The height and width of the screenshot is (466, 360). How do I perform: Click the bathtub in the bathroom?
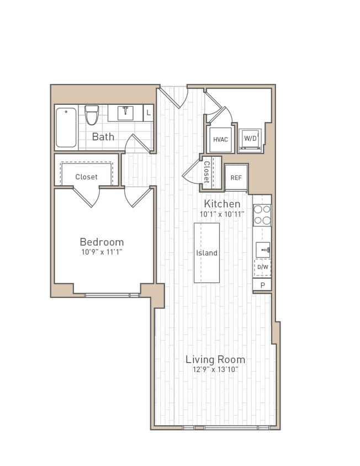click(x=66, y=128)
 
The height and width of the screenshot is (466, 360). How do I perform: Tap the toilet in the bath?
click(x=92, y=115)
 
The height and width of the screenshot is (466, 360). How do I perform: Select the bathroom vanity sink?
click(x=125, y=113)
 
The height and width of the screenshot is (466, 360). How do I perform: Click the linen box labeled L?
click(x=149, y=113)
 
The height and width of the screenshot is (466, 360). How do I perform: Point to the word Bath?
click(x=103, y=136)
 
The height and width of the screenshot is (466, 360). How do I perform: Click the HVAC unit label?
click(x=220, y=140)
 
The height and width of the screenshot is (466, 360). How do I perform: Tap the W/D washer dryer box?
click(x=250, y=139)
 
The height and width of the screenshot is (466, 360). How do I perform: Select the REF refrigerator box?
click(x=236, y=178)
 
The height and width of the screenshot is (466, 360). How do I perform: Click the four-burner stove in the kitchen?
click(x=262, y=215)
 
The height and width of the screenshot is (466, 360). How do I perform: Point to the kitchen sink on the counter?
click(x=263, y=250)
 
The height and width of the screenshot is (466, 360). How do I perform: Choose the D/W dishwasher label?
click(x=263, y=268)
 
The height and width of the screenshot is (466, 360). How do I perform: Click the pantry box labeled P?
click(x=262, y=285)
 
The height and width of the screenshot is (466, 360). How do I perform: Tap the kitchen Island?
click(x=207, y=253)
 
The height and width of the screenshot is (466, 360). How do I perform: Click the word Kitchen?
click(x=222, y=204)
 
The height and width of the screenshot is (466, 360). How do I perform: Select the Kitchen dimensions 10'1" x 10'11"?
click(x=222, y=214)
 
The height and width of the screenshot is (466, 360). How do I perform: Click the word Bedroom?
click(x=102, y=242)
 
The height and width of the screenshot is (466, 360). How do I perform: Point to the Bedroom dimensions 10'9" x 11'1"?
click(x=102, y=252)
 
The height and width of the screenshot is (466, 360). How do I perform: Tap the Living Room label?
click(x=215, y=359)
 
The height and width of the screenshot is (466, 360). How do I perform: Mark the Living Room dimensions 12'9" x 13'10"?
click(x=215, y=369)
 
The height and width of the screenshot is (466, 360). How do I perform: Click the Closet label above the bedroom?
click(x=86, y=177)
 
